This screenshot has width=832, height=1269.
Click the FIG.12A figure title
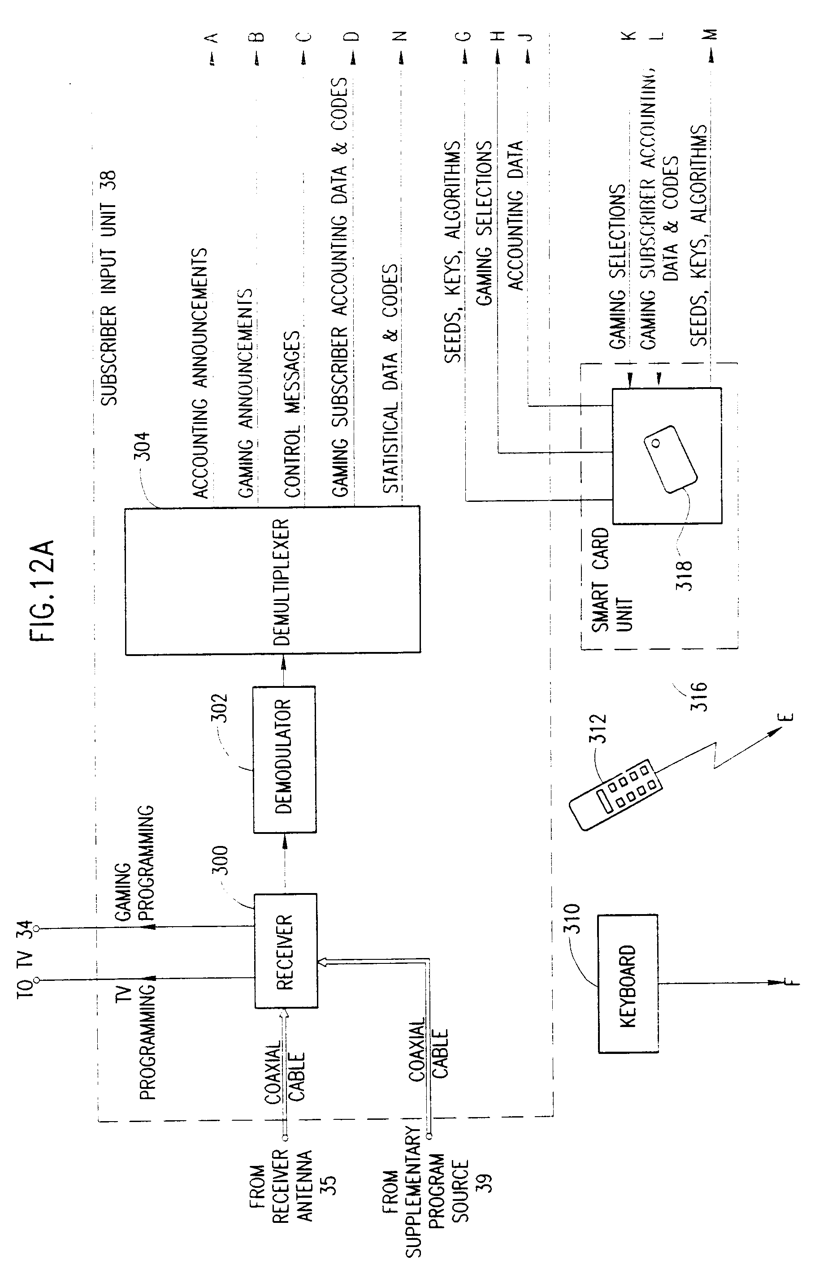pos(43,592)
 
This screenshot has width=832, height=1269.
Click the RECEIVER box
pos(286,951)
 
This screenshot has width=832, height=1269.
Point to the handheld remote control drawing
pos(616,794)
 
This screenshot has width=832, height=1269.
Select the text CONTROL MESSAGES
pos(292,414)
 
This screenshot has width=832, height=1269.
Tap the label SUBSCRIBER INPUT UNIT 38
pos(109,288)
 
